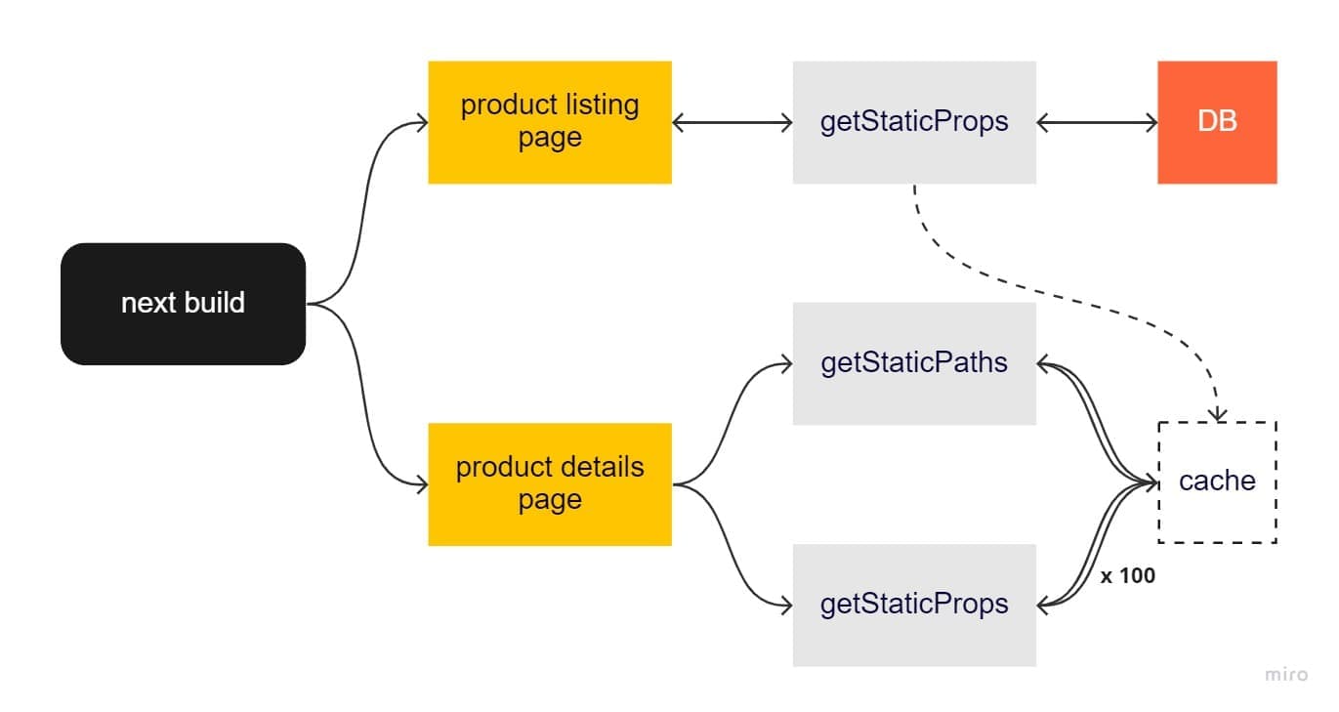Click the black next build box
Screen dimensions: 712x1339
point(183,304)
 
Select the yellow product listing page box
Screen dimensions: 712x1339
point(549,122)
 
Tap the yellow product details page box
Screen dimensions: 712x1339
point(549,483)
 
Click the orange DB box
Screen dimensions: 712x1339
point(1216,122)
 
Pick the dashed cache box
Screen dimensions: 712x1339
point(1216,482)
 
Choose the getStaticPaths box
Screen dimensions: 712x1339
point(913,363)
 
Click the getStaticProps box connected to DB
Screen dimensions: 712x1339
point(913,122)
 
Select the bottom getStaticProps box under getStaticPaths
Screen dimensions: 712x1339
point(913,605)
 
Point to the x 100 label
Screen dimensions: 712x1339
point(1127,576)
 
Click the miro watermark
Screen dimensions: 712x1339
point(1285,675)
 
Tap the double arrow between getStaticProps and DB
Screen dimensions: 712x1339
point(1096,123)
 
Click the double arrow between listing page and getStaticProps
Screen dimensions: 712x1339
point(732,123)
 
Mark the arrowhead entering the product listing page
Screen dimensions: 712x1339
point(422,123)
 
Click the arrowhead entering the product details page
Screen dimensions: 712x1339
point(422,484)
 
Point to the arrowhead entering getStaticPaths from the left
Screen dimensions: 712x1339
point(786,364)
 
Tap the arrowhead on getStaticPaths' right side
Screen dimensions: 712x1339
point(1043,364)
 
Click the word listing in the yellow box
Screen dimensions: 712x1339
point(602,105)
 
